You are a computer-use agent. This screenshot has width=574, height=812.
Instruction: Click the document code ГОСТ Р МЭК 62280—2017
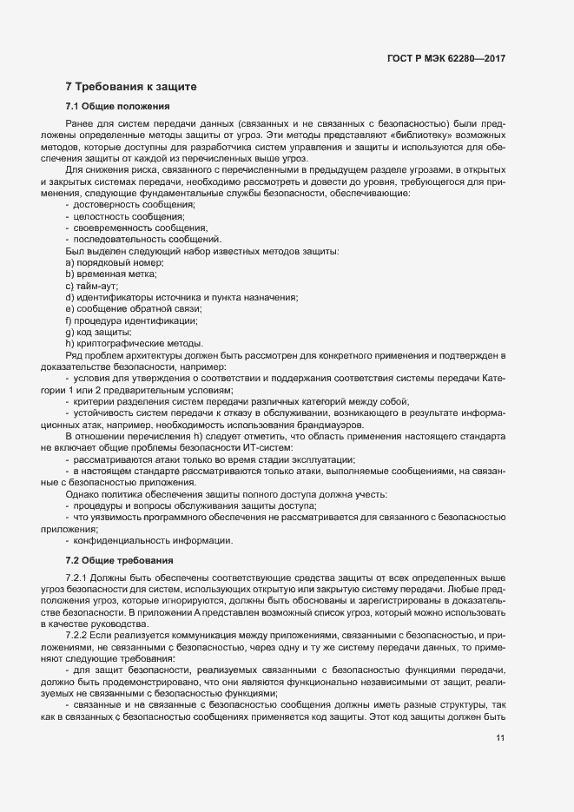click(x=445, y=58)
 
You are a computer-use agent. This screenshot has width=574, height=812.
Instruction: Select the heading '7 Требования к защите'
click(x=131, y=86)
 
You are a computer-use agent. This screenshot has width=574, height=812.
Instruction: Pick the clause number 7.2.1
click(x=77, y=578)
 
